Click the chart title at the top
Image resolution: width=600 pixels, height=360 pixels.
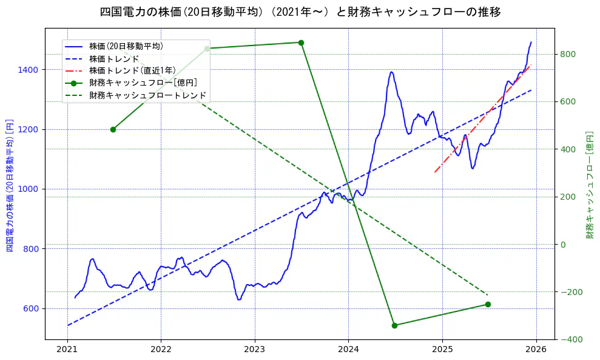click(x=300, y=12)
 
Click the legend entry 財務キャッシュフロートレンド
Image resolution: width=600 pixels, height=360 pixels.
click(x=147, y=95)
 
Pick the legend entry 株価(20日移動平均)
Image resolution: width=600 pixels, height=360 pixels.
click(x=126, y=46)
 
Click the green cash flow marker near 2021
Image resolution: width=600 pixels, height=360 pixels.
click(x=113, y=129)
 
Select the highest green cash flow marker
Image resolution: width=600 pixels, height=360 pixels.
click(x=301, y=42)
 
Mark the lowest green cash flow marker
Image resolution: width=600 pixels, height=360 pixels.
click(x=394, y=325)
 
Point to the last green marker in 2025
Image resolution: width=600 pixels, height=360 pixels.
click(x=488, y=304)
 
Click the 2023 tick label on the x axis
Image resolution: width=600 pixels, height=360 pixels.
click(x=254, y=350)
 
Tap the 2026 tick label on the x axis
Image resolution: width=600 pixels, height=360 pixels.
click(x=536, y=350)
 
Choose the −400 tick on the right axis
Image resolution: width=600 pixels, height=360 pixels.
click(x=569, y=339)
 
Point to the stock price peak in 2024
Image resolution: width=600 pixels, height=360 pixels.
click(x=391, y=72)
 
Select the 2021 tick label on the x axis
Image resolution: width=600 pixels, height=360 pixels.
click(x=67, y=350)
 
